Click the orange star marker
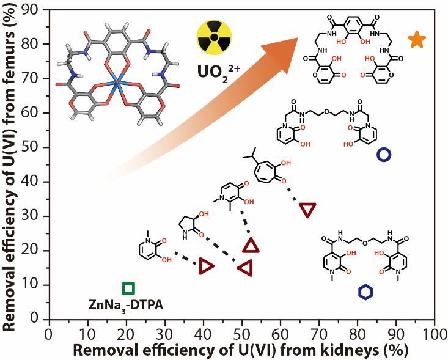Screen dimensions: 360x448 (x=417, y=40)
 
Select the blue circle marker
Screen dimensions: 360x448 (x=384, y=155)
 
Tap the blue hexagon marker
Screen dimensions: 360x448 (x=364, y=293)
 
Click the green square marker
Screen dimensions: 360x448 (x=128, y=288)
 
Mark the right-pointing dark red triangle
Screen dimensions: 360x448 (x=207, y=266)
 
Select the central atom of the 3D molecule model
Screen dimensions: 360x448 (x=117, y=83)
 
